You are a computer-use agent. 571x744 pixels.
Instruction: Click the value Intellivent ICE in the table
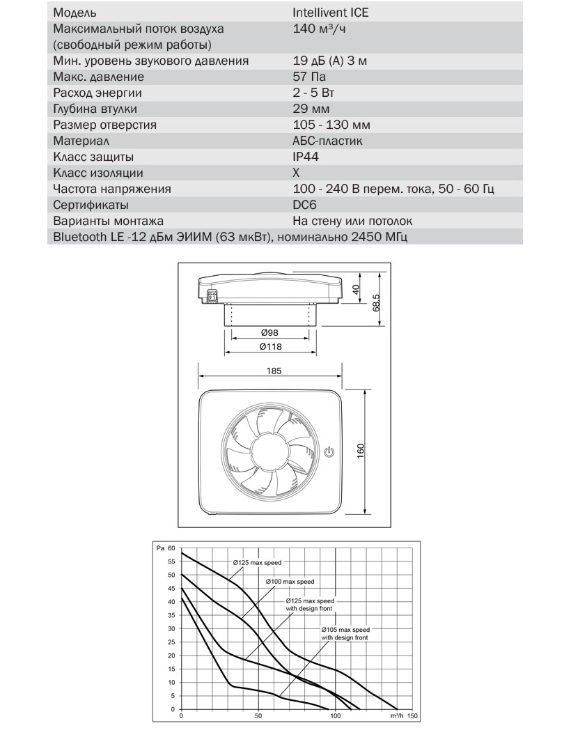coord(331,13)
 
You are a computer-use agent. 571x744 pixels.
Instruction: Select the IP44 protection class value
coord(306,157)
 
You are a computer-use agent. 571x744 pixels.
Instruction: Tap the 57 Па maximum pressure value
coord(309,77)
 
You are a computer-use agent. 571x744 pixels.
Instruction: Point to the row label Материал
coord(82,141)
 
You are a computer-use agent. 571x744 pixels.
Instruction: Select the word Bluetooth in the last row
coord(78,237)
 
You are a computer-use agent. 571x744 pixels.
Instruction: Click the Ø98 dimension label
coord(269,334)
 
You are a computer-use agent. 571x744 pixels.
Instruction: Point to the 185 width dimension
coord(274,371)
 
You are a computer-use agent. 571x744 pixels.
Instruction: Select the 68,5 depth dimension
coord(376,301)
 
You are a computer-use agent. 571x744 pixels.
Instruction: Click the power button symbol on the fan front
coord(330,452)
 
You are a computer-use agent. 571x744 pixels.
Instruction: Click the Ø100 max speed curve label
coord(290,581)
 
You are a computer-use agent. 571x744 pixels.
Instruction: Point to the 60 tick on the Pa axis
coord(173,548)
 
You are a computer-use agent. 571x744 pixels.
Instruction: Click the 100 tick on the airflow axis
coord(335,716)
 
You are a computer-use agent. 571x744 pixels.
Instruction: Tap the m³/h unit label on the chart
coord(397,716)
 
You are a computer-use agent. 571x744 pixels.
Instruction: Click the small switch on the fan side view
coord(213,296)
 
